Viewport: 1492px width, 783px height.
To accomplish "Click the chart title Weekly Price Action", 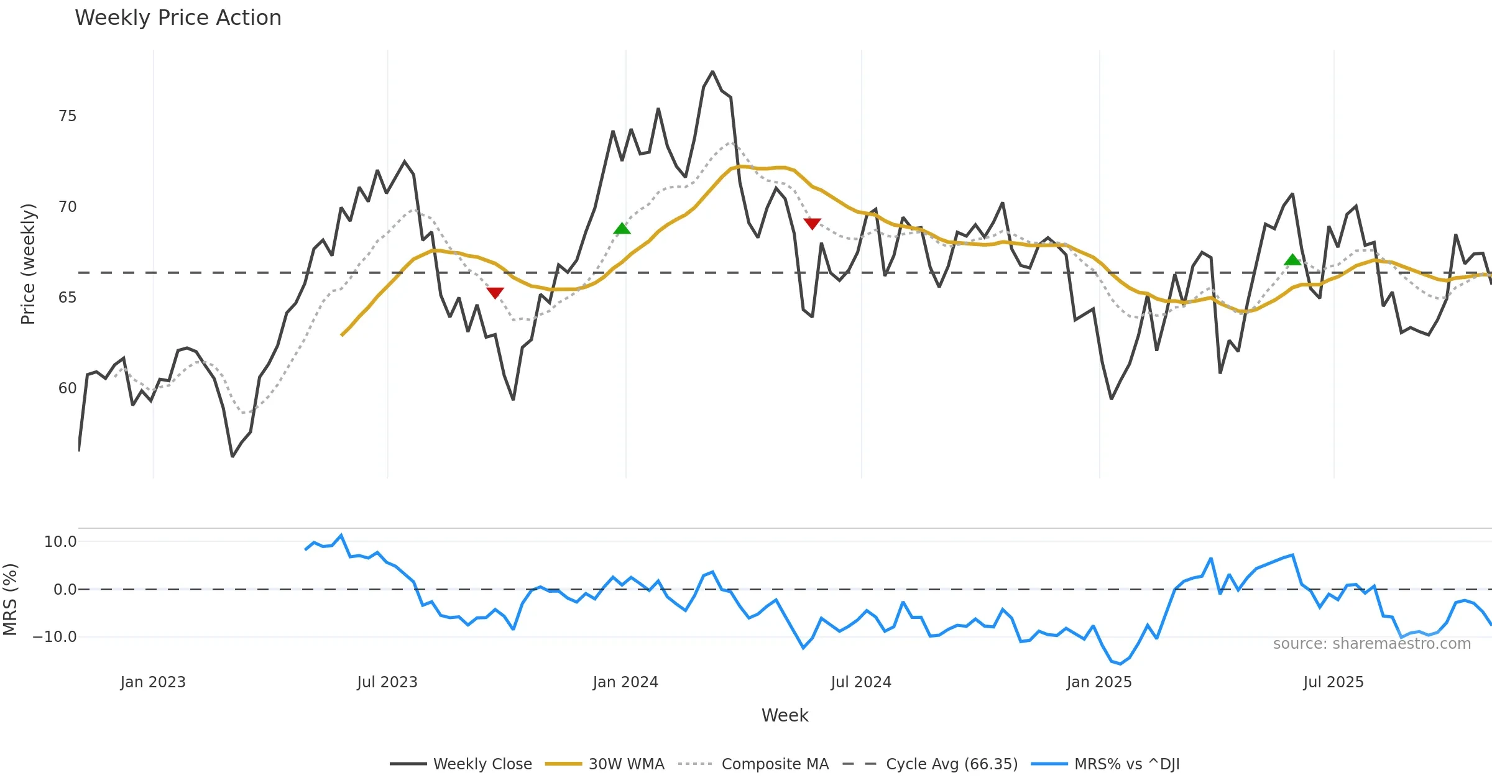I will pyautogui.click(x=178, y=18).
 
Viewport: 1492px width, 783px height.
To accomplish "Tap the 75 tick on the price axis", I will pyautogui.click(x=67, y=116).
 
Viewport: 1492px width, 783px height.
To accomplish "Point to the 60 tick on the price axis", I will pyautogui.click(x=67, y=388).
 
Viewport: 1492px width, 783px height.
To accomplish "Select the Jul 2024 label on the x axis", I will pyautogui.click(x=861, y=682).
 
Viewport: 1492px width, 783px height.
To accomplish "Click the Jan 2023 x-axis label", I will pyautogui.click(x=153, y=682).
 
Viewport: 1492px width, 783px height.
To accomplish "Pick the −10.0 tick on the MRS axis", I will pyautogui.click(x=55, y=637).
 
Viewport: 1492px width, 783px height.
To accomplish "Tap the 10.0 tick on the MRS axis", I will pyautogui.click(x=60, y=542).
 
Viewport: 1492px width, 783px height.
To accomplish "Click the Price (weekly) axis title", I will pyautogui.click(x=28, y=264).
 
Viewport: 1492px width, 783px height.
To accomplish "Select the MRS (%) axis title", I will pyautogui.click(x=10, y=600).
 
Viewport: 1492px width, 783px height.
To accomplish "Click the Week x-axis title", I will pyautogui.click(x=785, y=716).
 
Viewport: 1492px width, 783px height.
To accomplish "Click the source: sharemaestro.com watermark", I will pyautogui.click(x=1371, y=644).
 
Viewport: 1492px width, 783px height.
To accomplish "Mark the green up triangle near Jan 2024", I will pyautogui.click(x=622, y=229).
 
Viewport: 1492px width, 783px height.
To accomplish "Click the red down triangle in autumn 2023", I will pyautogui.click(x=495, y=293).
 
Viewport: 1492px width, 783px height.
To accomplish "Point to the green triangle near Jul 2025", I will pyautogui.click(x=1292, y=260).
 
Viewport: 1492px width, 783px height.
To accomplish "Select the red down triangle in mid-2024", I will pyautogui.click(x=812, y=223).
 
